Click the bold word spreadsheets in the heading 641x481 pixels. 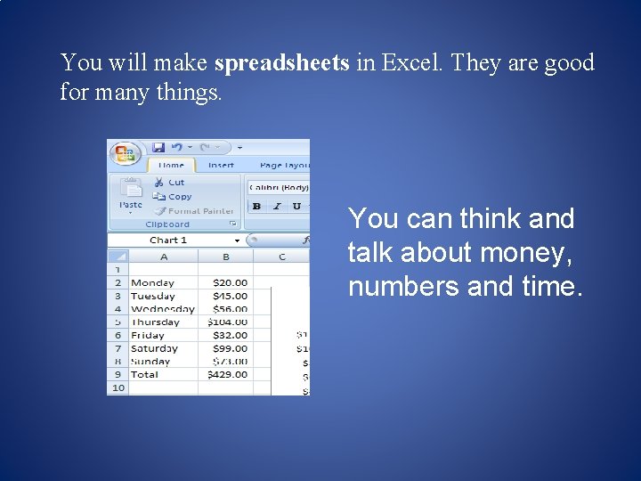(282, 64)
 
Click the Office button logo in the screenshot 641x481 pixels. (124, 152)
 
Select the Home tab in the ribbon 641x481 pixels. (171, 165)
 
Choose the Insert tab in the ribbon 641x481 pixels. (221, 165)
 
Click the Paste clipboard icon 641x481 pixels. (131, 191)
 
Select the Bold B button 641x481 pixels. (256, 207)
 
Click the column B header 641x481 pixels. (225, 257)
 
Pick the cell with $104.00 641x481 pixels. (227, 322)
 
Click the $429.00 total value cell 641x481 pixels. (227, 374)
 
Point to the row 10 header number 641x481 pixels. (118, 387)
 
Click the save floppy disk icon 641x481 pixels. (158, 147)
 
